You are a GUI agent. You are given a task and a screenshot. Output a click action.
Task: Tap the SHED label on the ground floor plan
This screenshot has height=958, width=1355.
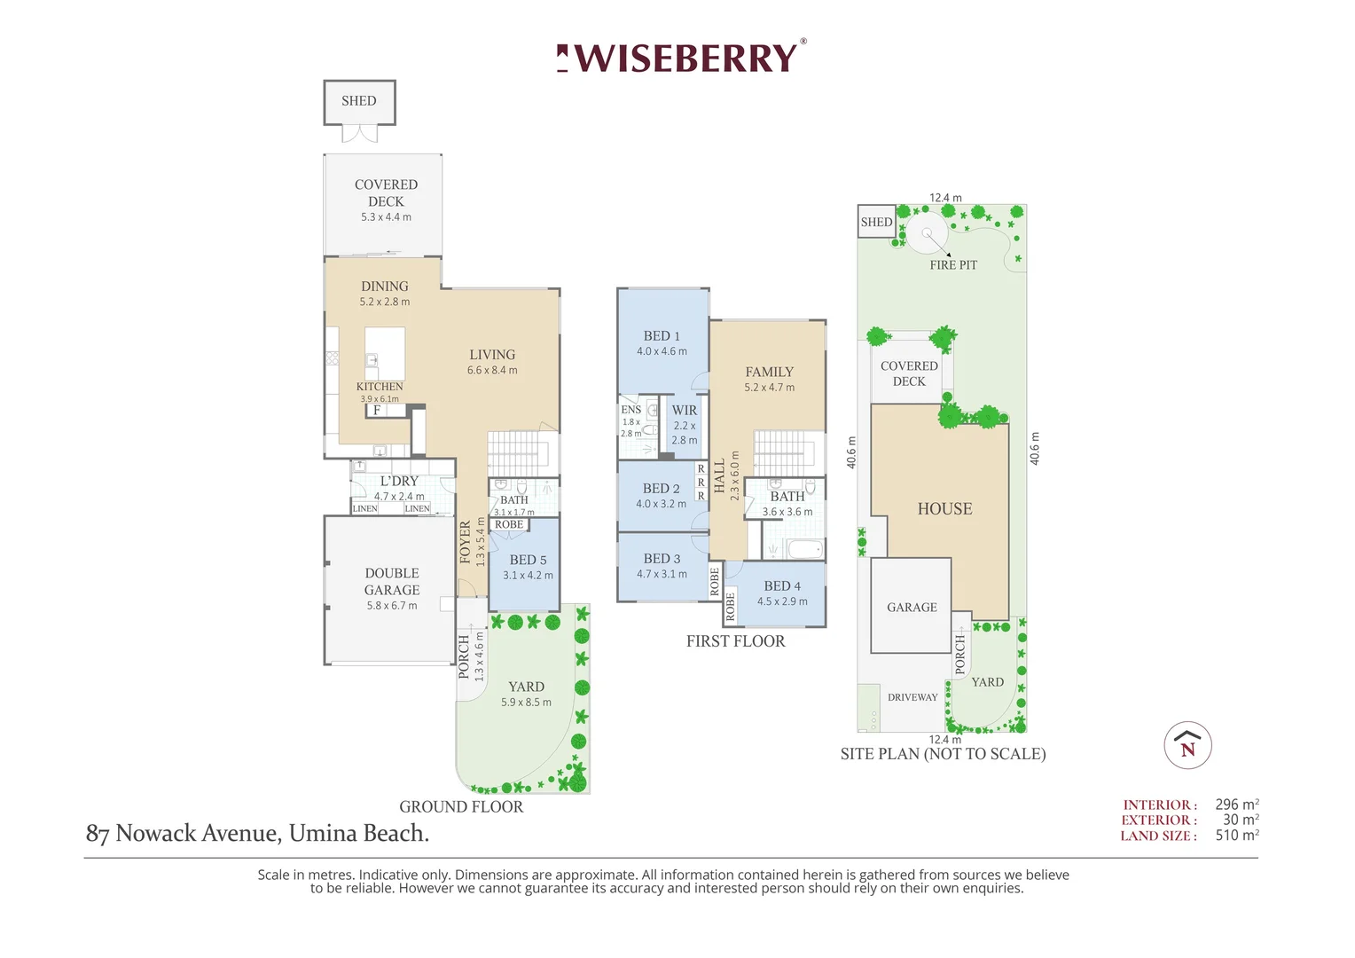point(359,100)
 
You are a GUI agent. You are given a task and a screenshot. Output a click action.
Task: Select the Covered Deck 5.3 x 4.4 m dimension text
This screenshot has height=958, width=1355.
point(386,216)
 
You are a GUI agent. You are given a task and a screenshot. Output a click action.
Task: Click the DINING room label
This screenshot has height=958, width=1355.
point(385,286)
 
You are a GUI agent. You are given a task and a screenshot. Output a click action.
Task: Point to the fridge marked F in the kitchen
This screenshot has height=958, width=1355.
point(377,411)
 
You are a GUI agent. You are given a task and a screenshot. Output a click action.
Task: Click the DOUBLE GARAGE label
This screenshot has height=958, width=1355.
point(392,581)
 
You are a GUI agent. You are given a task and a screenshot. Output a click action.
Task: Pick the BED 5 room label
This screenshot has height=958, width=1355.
point(528,560)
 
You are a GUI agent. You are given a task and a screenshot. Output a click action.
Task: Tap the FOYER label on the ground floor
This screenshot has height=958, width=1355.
point(466,542)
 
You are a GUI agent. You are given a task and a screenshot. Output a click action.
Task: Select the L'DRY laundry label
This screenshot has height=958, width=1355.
point(399,481)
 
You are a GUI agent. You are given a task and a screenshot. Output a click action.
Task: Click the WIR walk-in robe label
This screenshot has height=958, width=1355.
point(685,410)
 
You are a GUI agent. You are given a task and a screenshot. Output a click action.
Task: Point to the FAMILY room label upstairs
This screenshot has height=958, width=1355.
point(770,372)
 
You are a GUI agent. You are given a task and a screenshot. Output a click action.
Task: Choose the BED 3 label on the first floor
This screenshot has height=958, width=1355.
point(662,558)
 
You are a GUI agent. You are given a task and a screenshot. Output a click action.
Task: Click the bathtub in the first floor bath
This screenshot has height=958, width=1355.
point(805,549)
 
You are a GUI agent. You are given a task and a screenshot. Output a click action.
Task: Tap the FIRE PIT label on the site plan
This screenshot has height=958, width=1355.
point(953,264)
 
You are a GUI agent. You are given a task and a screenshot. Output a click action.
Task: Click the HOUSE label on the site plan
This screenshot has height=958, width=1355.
point(945,508)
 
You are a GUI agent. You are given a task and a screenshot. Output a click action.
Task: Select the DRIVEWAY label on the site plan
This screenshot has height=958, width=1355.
point(912,697)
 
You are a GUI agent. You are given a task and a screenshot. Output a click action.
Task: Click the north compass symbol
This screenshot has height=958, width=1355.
point(1188,745)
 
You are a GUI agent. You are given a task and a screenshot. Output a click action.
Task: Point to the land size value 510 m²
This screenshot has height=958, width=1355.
point(1237,836)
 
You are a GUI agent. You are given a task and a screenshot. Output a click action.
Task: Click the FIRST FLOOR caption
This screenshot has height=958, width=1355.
point(735,641)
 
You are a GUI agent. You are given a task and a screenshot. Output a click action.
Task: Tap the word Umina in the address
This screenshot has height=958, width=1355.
point(323,833)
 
